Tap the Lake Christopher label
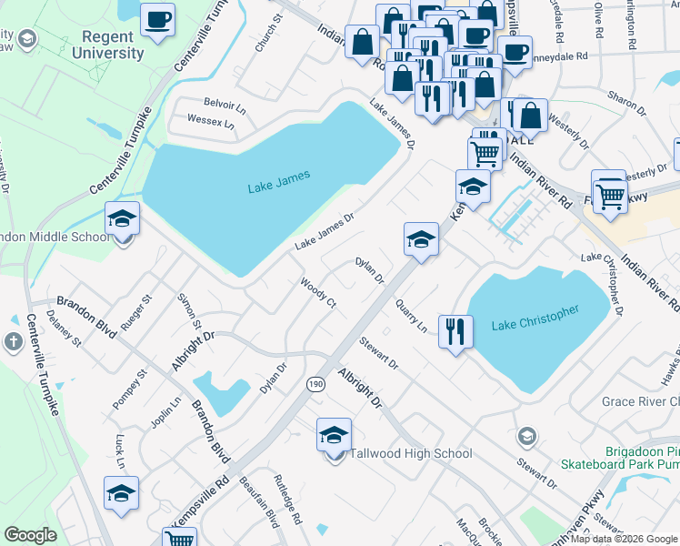(x=535, y=318)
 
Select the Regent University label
(x=113, y=45)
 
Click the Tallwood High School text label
(x=412, y=453)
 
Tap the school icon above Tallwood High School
(x=335, y=435)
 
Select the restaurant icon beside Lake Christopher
(x=455, y=331)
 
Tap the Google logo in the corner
(x=30, y=535)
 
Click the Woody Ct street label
(x=319, y=292)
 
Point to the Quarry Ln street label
(x=410, y=316)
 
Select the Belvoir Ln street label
(x=225, y=105)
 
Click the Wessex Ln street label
(x=210, y=120)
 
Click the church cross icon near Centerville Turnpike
(x=14, y=343)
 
